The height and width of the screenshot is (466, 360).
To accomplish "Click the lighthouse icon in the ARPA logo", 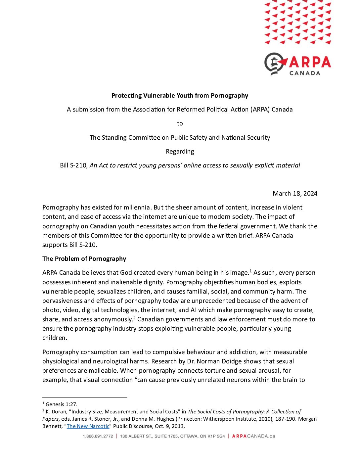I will point(274,63).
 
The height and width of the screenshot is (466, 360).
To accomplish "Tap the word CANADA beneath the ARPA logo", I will point(305,73).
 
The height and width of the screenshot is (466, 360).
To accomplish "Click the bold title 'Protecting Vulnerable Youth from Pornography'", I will point(180,96).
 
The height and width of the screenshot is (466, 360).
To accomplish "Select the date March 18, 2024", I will point(295,194).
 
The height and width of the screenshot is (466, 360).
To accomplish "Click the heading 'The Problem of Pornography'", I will point(84,259).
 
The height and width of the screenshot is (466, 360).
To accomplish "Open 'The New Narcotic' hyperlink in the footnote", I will point(88,426).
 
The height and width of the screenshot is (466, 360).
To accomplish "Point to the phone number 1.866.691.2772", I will point(98,436).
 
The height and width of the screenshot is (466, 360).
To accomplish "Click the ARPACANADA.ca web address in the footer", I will point(253,436).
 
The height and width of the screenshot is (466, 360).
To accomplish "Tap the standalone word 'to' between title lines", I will point(180,123).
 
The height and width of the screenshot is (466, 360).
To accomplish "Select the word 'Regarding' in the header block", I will point(180,152).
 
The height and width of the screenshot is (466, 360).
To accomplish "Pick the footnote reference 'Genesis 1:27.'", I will point(62,404).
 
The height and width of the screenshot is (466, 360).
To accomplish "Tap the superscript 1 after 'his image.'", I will point(250,271).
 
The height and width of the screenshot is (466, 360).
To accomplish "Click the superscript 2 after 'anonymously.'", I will point(134,318).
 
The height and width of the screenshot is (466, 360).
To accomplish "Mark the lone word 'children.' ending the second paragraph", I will point(55,338).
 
